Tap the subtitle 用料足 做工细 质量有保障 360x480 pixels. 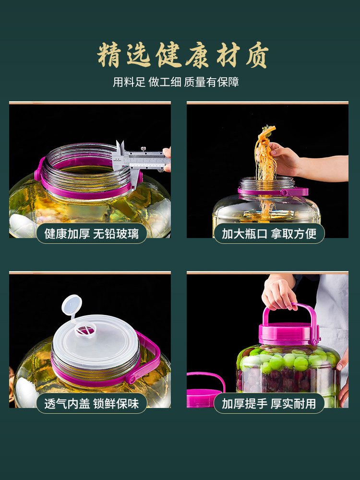[x=176, y=82]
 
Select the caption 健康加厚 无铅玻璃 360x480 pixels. [x=92, y=234]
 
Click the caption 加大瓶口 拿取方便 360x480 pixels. [x=269, y=234]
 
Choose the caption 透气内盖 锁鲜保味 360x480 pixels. [x=92, y=403]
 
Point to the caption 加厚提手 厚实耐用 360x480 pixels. [x=269, y=403]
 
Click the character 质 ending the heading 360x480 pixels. [x=254, y=56]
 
